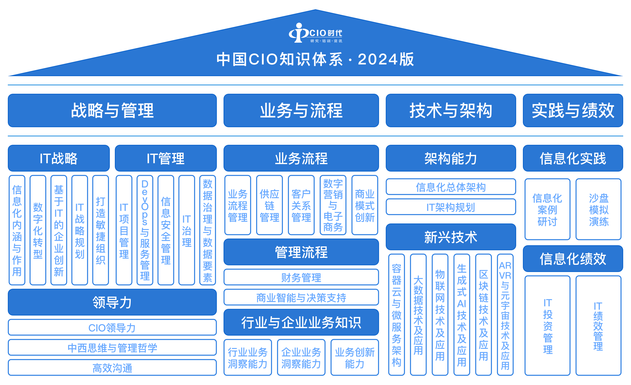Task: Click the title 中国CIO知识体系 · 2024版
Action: (315, 59)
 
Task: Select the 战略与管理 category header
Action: (112, 110)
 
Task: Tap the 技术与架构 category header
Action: (451, 110)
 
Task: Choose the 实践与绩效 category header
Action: (573, 110)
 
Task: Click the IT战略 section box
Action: (59, 158)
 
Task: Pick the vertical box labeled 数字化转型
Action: (38, 230)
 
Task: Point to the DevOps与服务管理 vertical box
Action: (145, 230)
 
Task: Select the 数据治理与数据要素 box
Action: (208, 230)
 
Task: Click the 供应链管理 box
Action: (270, 205)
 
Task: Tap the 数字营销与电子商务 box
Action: (333, 205)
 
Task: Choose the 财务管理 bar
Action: (301, 277)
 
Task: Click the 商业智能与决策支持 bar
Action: (301, 297)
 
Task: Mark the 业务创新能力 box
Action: (355, 358)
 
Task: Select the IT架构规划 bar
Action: (451, 207)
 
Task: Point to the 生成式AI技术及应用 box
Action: (462, 315)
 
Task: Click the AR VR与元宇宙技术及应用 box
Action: (505, 315)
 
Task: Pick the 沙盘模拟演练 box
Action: (599, 210)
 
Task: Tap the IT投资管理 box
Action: (548, 326)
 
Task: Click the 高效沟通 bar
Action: (112, 368)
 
